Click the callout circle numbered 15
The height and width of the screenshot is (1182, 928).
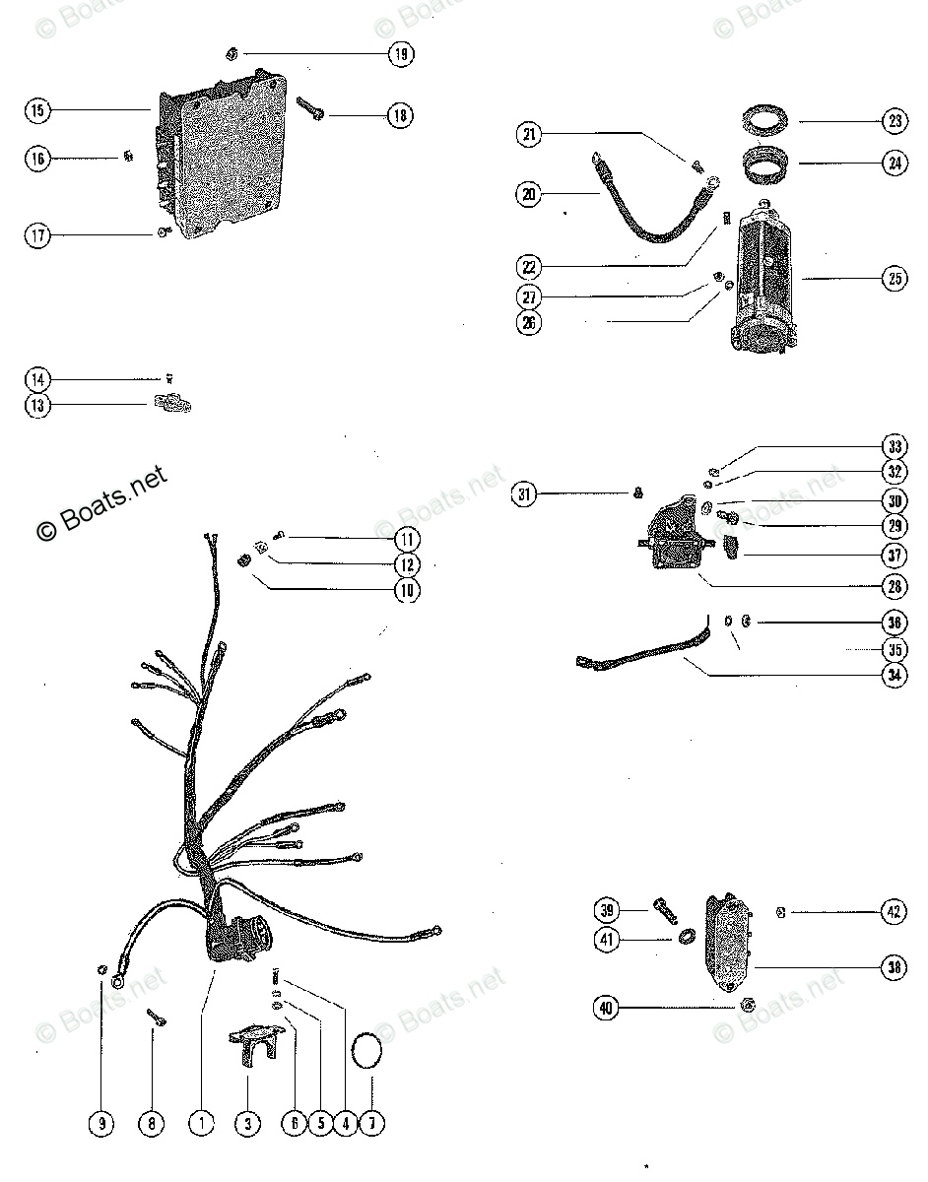click(x=36, y=110)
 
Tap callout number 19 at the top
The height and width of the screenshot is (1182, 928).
click(x=400, y=54)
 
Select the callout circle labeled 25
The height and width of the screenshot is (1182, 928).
click(x=894, y=279)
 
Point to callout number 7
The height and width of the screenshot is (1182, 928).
click(x=371, y=1123)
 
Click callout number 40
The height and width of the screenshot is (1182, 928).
click(x=607, y=1008)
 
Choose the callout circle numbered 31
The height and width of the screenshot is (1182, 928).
click(x=525, y=494)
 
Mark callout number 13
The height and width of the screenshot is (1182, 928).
click(x=36, y=404)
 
